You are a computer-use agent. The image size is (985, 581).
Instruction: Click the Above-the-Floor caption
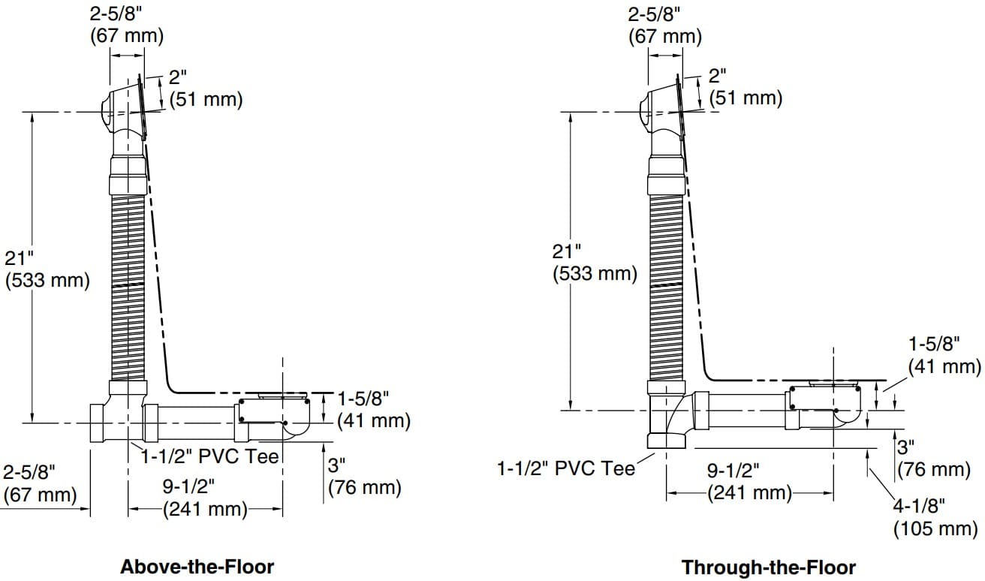pos(197,565)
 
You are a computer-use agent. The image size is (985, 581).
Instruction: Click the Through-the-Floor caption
pos(768,567)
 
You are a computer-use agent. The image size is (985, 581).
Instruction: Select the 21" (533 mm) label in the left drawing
pos(47,269)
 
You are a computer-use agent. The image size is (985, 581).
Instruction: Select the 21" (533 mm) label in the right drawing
pos(595,262)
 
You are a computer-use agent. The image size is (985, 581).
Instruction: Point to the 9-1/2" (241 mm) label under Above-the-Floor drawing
pos(204,498)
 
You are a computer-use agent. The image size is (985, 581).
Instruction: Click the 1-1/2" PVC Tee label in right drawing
pos(565,469)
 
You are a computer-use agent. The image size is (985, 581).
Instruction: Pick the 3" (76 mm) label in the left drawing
pos(364,476)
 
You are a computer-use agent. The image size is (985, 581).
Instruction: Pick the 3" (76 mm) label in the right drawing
pos(934,458)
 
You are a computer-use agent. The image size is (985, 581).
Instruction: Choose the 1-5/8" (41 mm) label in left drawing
pos(373,409)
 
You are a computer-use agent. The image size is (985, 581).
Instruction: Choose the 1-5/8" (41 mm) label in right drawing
pos(944,355)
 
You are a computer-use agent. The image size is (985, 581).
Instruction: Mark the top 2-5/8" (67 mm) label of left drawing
pos(126,25)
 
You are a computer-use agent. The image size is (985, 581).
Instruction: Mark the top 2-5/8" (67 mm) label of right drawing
pos(664,25)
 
